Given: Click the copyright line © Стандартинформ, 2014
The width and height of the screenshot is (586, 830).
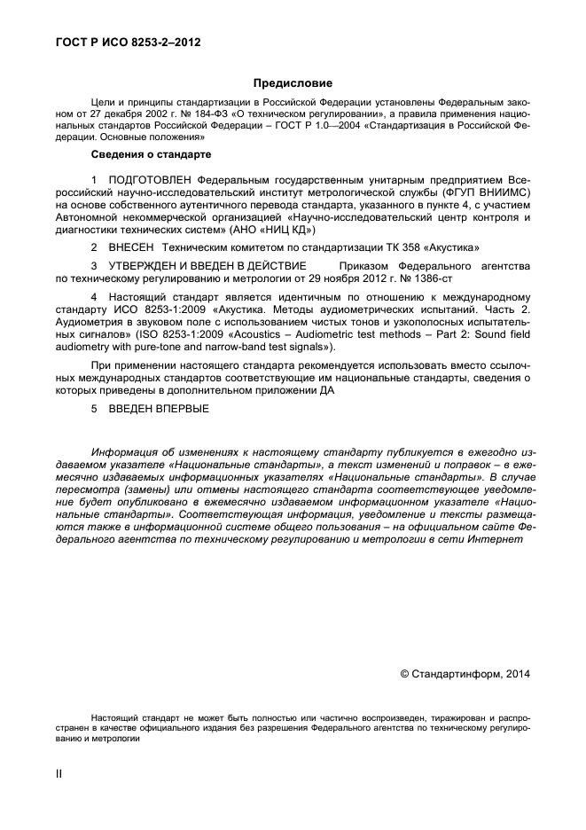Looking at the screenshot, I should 465,675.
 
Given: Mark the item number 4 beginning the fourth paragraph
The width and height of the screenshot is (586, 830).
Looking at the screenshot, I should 95,296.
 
